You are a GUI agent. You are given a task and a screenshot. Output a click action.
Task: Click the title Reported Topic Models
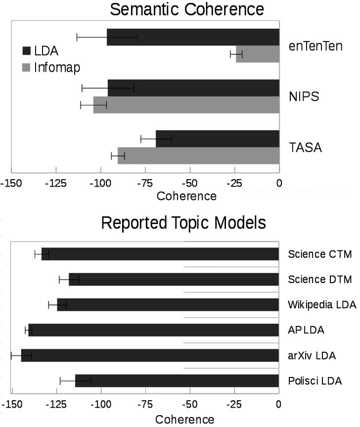183,223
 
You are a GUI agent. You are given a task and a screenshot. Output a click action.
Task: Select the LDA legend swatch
27,50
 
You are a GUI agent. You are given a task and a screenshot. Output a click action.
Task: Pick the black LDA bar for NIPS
193,88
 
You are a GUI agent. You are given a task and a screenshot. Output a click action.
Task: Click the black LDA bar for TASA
218,139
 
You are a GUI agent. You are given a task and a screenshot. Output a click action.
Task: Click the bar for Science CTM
160,254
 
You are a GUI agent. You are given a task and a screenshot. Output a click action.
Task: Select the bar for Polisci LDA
177,380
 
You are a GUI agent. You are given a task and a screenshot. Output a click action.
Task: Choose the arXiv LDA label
312,356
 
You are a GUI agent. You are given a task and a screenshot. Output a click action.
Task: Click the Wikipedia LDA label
322,305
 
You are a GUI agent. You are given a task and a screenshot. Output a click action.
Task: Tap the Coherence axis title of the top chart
186,196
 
